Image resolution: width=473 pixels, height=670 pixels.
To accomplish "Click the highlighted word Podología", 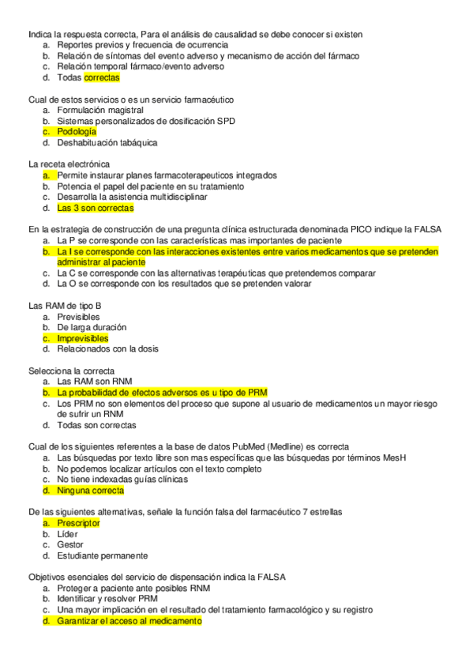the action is [77, 132].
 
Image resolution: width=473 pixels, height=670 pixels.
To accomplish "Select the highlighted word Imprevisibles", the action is [83, 338].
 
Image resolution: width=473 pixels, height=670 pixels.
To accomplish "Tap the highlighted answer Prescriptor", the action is [78, 523].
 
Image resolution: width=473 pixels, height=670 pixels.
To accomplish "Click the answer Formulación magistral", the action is [99, 111].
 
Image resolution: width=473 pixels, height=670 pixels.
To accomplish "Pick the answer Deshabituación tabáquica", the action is [107, 143].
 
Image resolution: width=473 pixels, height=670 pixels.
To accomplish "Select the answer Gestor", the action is [70, 544].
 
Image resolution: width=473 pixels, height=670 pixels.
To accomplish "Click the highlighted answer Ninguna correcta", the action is [90, 491].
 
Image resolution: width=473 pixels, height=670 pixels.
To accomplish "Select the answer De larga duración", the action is [92, 327].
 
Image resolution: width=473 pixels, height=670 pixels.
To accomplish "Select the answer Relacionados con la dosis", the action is [104, 348].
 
